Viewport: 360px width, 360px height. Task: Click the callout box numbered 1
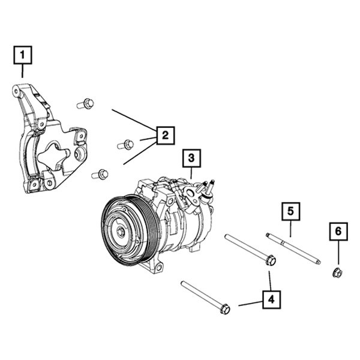(23, 56)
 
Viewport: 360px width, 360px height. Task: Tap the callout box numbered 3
(191, 159)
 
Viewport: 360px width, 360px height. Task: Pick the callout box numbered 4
(271, 298)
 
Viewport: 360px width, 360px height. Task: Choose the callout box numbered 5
(290, 211)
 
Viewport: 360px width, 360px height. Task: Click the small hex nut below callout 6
(337, 274)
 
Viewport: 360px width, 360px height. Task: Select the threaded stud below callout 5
(293, 247)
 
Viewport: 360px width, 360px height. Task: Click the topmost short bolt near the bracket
(85, 104)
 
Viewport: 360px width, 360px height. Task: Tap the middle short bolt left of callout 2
(125, 144)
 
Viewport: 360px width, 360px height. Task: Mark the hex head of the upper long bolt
(270, 260)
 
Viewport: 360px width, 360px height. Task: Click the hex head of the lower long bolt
(225, 309)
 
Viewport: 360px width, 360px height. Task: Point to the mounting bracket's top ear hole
(16, 91)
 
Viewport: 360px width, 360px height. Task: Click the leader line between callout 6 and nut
(337, 252)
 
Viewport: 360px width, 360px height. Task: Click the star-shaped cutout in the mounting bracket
(54, 156)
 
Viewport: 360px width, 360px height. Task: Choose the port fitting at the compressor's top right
(208, 187)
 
